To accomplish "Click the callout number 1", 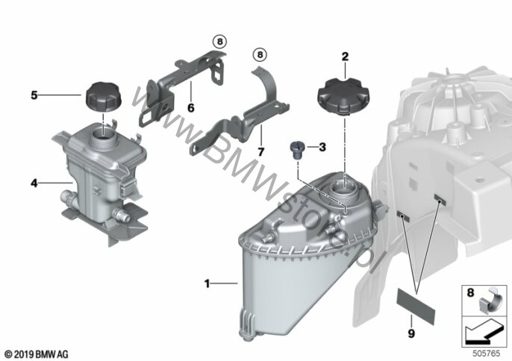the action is tap(207, 283).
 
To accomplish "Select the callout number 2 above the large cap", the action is tap(345, 57).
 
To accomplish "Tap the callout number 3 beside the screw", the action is tap(322, 147).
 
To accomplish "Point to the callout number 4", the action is tap(34, 183).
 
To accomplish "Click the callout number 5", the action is tap(34, 95).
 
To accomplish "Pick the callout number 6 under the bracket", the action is tap(191, 107).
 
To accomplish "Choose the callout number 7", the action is tap(260, 151).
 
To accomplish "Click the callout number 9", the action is tap(411, 333).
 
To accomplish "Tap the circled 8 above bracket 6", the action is tap(219, 42).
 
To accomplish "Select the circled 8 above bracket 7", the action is tap(260, 54).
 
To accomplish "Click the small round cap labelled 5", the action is tap(103, 97).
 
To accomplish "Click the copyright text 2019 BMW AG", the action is tap(37, 354).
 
